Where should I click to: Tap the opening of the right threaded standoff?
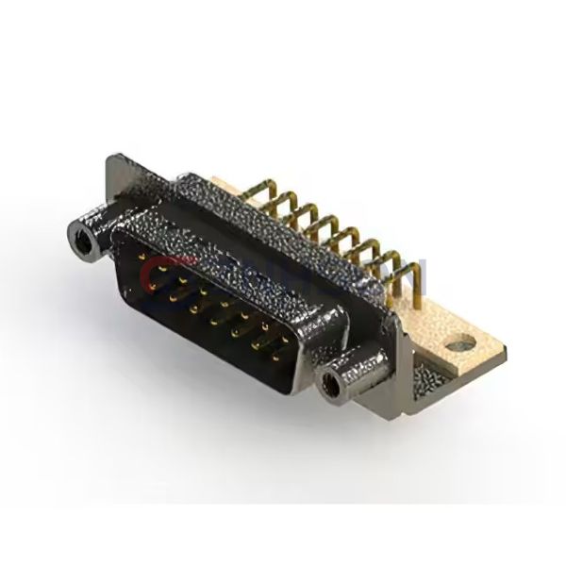coord(330,385)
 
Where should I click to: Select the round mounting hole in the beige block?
coord(458,345)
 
